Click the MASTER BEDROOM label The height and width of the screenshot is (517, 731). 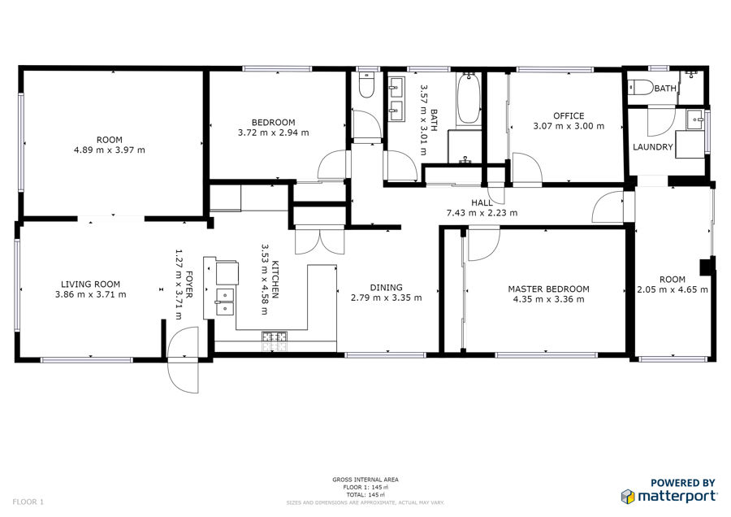click(548, 289)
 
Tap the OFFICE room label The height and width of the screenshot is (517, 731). click(569, 115)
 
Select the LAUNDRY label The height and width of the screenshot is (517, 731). click(652, 147)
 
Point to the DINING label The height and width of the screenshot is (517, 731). click(386, 288)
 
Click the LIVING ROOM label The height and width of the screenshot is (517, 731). click(90, 285)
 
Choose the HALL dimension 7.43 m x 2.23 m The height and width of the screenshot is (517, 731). click(482, 213)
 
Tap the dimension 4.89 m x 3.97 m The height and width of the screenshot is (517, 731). click(109, 150)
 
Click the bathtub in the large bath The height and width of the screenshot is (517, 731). click(468, 98)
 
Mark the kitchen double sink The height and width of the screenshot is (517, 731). click(225, 302)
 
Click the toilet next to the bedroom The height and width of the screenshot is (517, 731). click(366, 85)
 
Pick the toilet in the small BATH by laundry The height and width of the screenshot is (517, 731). click(640, 87)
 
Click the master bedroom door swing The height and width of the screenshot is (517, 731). click(484, 243)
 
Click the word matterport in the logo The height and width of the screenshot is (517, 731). click(677, 496)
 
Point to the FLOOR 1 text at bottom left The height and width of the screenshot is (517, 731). click(28, 502)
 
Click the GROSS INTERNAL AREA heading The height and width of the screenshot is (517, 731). click(365, 480)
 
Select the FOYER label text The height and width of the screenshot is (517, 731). click(189, 285)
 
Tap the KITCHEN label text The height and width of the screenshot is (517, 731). click(275, 280)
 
